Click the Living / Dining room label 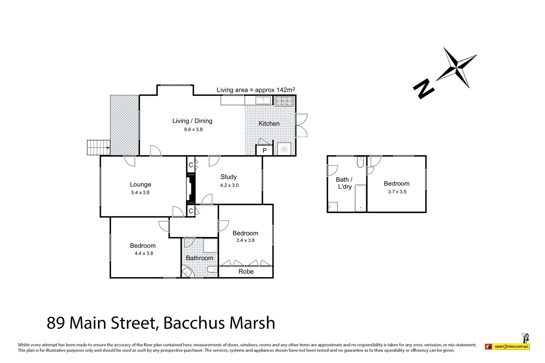pyautogui.click(x=192, y=121)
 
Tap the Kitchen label pyautogui.click(x=269, y=123)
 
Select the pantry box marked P pyautogui.click(x=264, y=150)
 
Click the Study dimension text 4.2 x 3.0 pyautogui.click(x=229, y=185)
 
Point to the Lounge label pyautogui.click(x=140, y=184)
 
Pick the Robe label pyautogui.click(x=246, y=271)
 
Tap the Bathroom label pyautogui.click(x=200, y=258)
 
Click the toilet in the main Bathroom pyautogui.click(x=212, y=269)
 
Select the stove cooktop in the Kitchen pyautogui.click(x=284, y=101)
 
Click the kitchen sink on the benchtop pyautogui.click(x=263, y=100)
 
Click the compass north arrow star pyautogui.click(x=457, y=67)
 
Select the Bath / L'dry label pyautogui.click(x=344, y=183)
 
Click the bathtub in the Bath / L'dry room pyautogui.click(x=360, y=198)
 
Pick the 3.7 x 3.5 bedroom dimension pyautogui.click(x=397, y=192)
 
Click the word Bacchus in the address pyautogui.click(x=193, y=323)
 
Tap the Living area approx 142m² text pyautogui.click(x=256, y=90)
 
